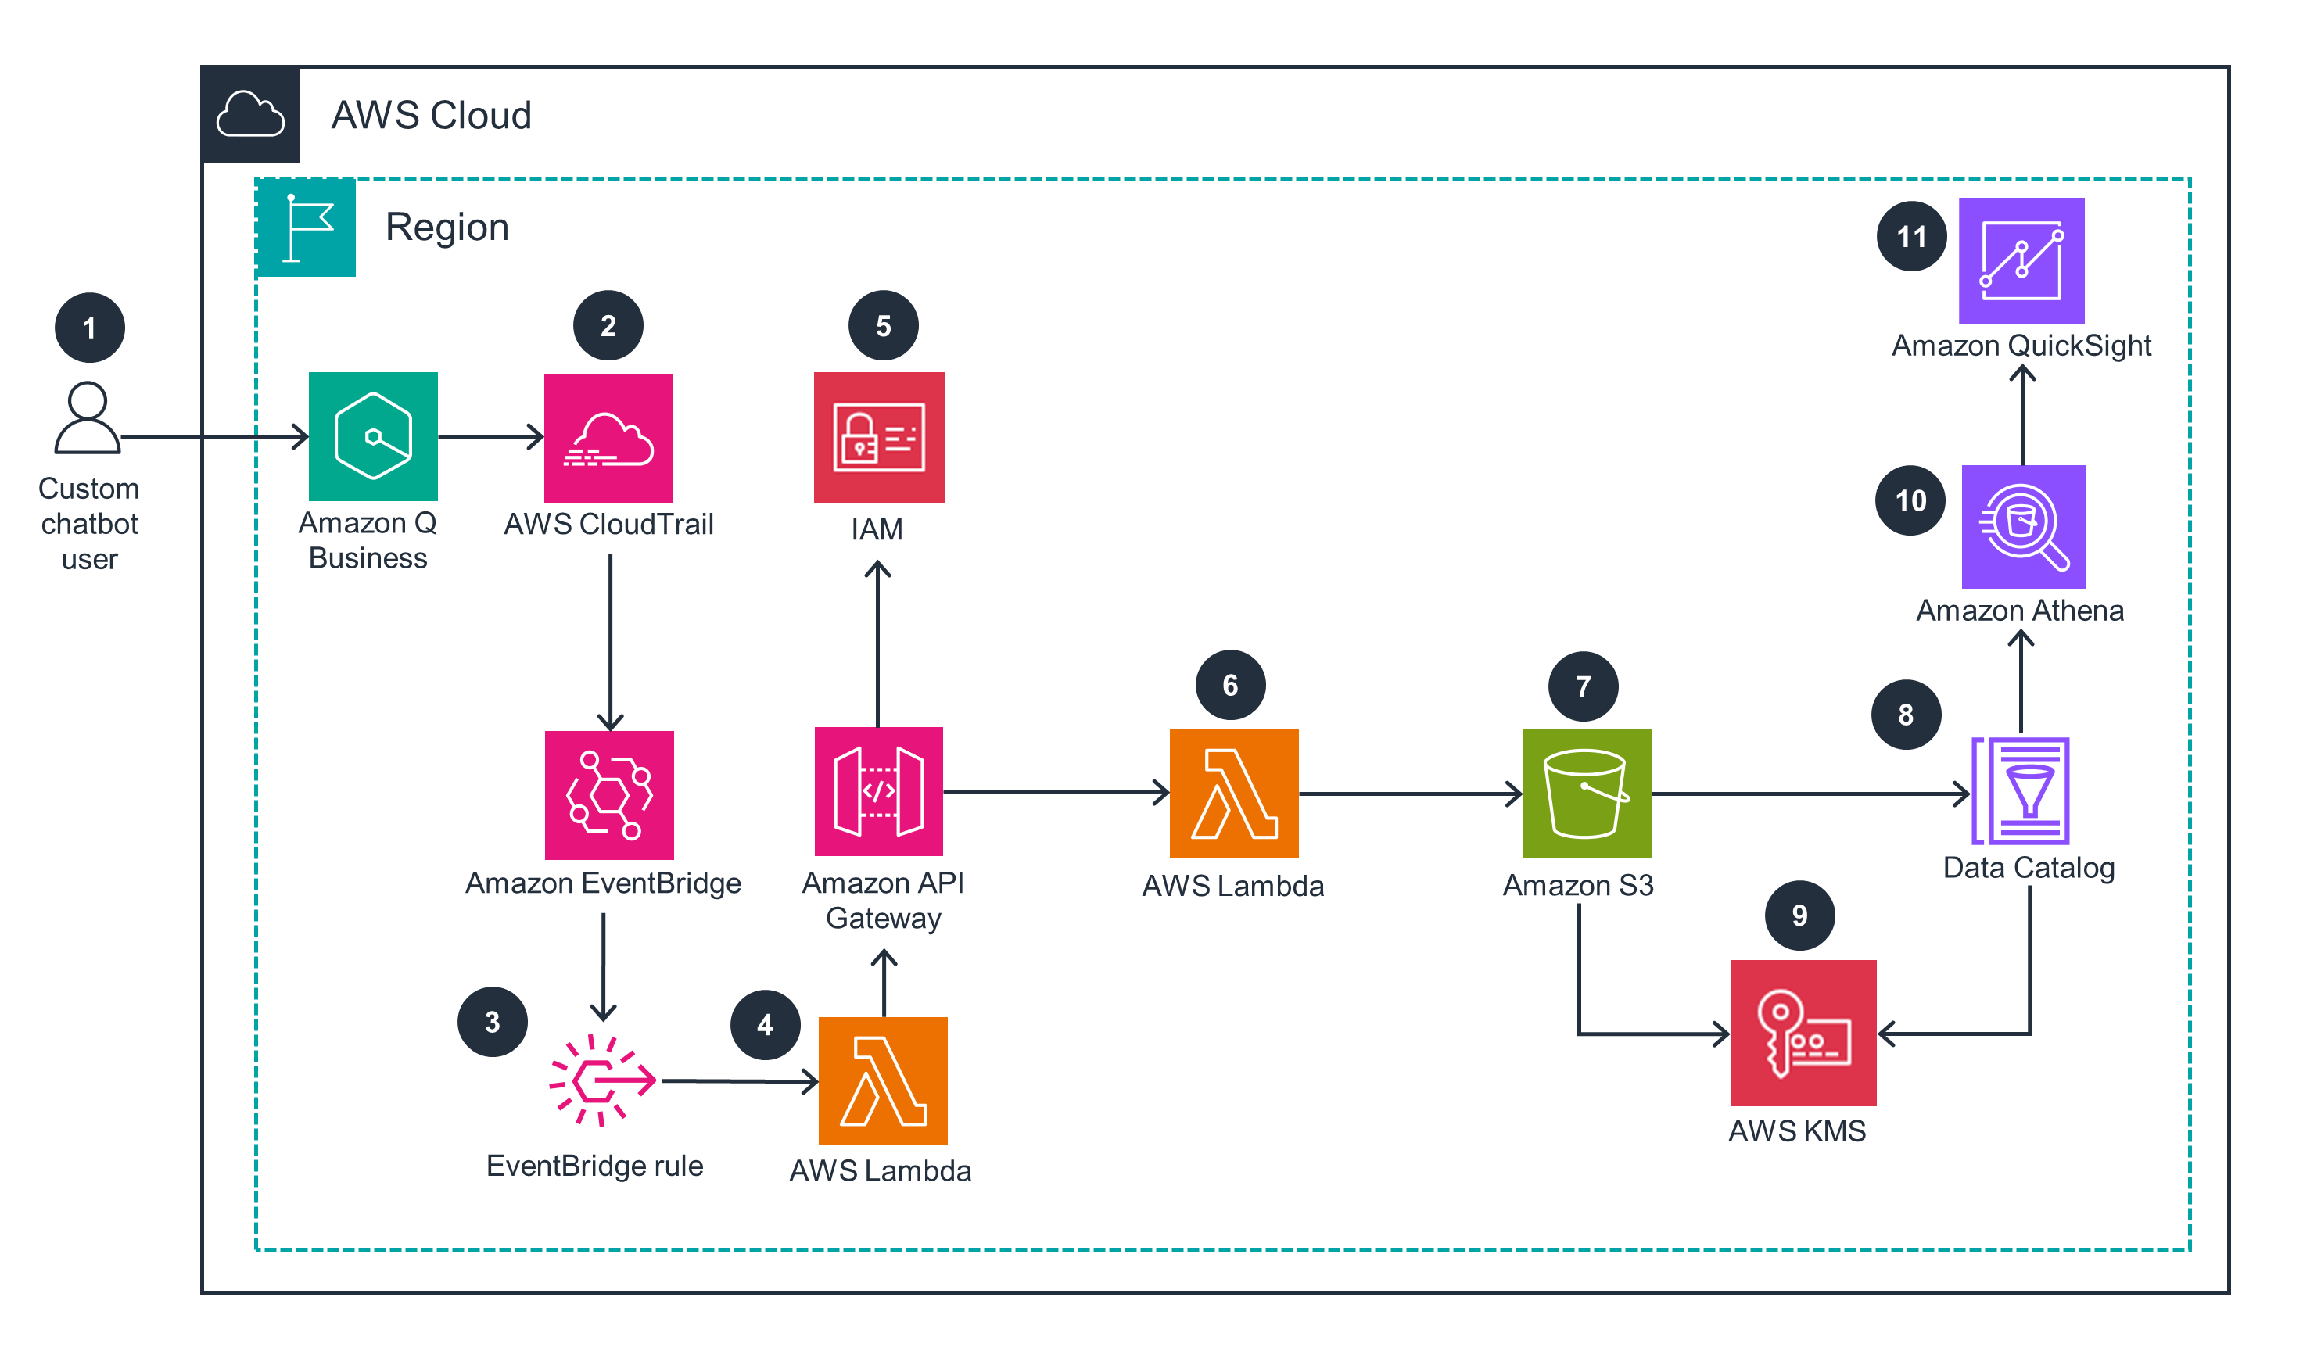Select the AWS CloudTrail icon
[608, 437]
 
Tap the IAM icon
[878, 436]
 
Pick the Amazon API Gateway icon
[878, 791]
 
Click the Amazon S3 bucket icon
[1585, 794]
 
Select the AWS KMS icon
[1803, 1032]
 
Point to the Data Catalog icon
[2020, 790]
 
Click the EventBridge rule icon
[601, 1080]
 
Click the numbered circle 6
[1229, 686]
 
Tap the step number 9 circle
[1799, 915]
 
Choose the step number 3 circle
[493, 1021]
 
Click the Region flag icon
[306, 227]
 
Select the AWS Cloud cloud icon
[250, 115]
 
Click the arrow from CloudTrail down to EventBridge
[610, 640]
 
